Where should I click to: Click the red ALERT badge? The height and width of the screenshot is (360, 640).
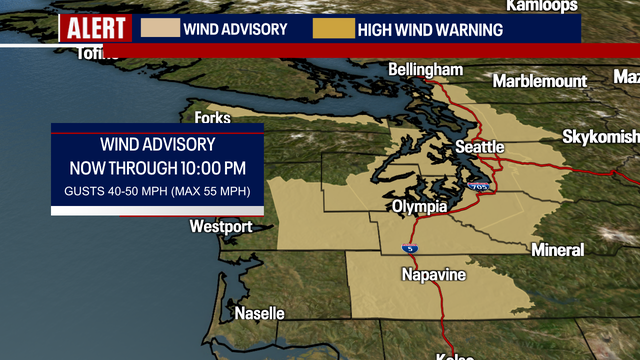click(x=94, y=28)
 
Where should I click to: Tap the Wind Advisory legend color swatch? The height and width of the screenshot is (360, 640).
click(x=158, y=28)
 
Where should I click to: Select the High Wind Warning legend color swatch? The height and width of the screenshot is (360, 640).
click(x=334, y=28)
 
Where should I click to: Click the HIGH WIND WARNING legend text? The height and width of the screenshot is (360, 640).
click(x=432, y=29)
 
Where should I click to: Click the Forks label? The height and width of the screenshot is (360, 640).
click(x=212, y=118)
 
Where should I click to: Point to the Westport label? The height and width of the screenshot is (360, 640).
click(x=221, y=227)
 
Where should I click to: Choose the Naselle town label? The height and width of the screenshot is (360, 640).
click(x=259, y=313)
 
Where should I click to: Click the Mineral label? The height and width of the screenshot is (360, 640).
click(x=558, y=250)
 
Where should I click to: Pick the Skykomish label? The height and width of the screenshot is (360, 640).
click(x=599, y=136)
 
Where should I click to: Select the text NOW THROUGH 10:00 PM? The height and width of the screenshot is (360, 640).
click(x=157, y=167)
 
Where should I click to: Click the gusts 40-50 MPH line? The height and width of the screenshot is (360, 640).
click(x=157, y=190)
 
